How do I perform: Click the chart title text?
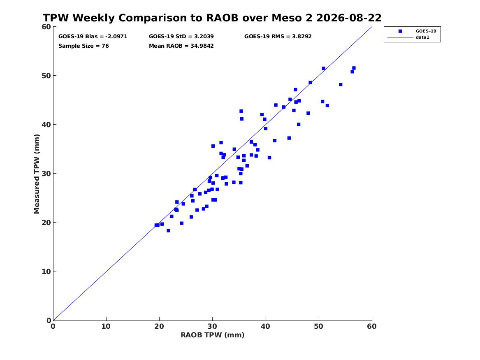(x=212, y=18)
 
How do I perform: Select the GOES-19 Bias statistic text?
(x=93, y=37)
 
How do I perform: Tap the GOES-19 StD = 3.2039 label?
(x=181, y=37)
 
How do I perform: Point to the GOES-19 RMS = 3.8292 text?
(x=278, y=37)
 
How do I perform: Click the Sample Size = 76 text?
(x=83, y=46)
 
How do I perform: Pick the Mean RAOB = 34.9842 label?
(x=181, y=46)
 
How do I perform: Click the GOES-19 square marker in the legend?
(x=400, y=31)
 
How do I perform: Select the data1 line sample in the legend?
(x=400, y=37)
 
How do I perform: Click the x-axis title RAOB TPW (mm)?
(x=213, y=335)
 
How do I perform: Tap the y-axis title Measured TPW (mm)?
(x=37, y=174)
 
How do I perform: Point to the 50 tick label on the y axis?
(x=46, y=76)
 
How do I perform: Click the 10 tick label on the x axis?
(x=106, y=326)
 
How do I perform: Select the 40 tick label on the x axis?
(x=265, y=326)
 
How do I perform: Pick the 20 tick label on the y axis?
(x=46, y=223)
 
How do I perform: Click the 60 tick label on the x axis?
(x=372, y=326)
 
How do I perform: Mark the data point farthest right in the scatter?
(x=354, y=68)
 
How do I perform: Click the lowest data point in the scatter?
(x=168, y=230)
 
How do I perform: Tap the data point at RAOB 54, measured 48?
(x=341, y=84)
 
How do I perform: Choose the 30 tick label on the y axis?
(x=46, y=174)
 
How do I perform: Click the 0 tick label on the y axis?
(x=49, y=321)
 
